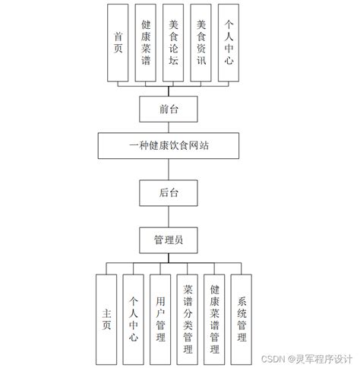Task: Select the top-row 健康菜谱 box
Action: pyautogui.click(x=145, y=43)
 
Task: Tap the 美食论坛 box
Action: pyautogui.click(x=173, y=43)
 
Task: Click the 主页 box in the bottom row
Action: pyautogui.click(x=106, y=317)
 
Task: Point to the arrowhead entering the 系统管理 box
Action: pyautogui.click(x=242, y=272)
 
